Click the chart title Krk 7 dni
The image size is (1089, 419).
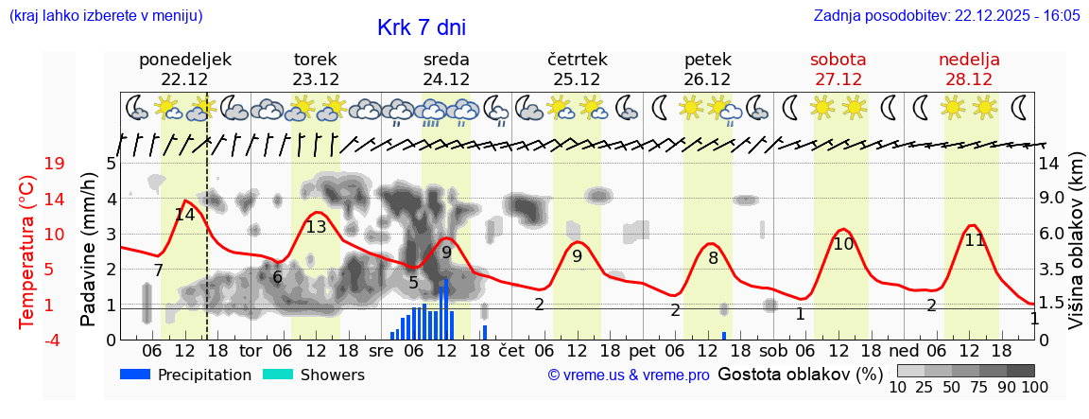point(421,27)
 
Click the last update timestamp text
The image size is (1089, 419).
point(946,16)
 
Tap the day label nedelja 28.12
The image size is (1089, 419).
point(969,69)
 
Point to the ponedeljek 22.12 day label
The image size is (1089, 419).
point(184,69)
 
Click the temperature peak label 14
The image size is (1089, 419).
point(184,215)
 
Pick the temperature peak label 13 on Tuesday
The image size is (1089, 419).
point(316,227)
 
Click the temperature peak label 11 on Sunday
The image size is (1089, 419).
point(975,240)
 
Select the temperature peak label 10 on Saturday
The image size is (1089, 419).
point(843,244)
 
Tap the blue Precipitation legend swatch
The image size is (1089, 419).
point(136,375)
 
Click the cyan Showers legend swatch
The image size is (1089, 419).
point(278,375)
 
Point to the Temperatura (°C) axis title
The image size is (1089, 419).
point(27,252)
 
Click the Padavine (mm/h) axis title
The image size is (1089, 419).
point(89,250)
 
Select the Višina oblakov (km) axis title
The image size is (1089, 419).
point(1075,250)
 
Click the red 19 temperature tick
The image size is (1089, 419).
point(54,164)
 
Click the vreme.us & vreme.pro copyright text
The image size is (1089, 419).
point(628,375)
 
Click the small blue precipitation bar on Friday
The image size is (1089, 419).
point(724,335)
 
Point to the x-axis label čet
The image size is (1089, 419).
point(510,350)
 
